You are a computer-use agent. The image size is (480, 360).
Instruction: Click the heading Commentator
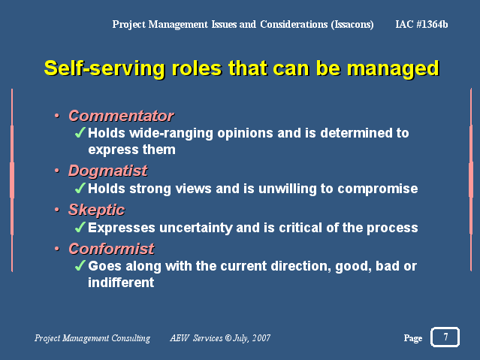point(121,116)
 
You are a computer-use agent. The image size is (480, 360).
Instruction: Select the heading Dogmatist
point(107,171)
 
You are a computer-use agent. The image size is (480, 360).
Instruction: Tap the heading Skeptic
point(96,210)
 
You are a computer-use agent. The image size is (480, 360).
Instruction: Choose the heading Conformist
point(111,249)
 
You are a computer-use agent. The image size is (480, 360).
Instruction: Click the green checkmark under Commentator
point(80,133)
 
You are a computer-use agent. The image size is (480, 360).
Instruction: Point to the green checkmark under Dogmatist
point(80,188)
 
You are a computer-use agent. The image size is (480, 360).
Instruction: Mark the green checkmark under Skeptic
point(80,227)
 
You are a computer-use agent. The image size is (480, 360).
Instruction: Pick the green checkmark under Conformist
point(80,265)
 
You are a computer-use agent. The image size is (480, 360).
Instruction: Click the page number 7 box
point(445,337)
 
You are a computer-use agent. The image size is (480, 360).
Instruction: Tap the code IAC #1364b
point(421,24)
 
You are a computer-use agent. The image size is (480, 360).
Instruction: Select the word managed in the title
point(393,68)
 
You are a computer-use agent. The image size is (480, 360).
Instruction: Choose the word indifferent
point(121,282)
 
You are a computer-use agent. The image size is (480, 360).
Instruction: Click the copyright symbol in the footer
point(228,338)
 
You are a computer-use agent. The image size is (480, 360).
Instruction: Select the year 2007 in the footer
point(261,338)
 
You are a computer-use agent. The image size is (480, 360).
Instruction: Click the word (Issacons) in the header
point(352,25)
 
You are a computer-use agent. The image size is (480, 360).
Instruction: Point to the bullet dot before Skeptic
point(56,210)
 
